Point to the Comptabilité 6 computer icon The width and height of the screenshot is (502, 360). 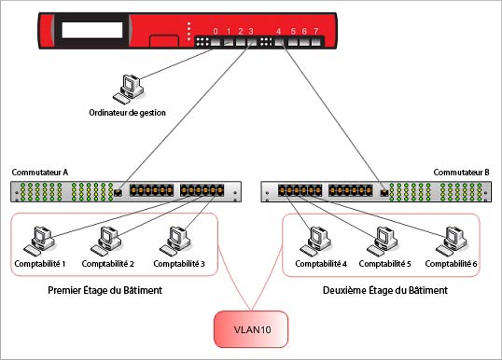coord(452,240)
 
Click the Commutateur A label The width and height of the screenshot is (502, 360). coord(39,173)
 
